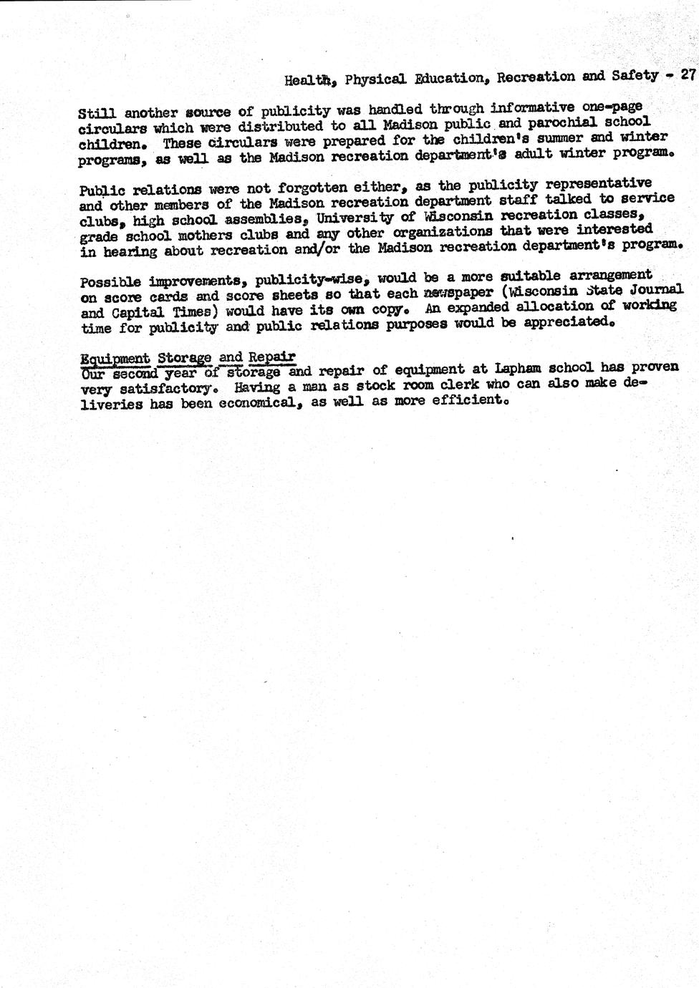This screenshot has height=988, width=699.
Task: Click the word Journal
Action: coord(654,289)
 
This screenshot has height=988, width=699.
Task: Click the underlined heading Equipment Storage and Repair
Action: coord(188,357)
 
